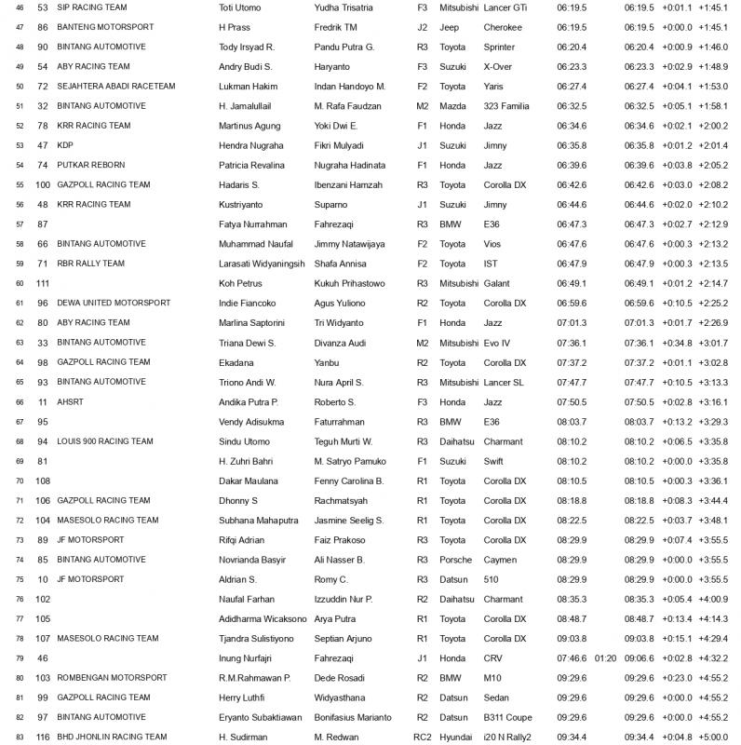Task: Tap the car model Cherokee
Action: (x=503, y=27)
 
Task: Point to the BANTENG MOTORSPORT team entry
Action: (x=105, y=27)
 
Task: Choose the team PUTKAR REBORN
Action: (x=90, y=165)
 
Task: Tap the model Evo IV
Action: (x=499, y=343)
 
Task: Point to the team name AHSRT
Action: (x=71, y=401)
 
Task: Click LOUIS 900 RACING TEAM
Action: (x=105, y=441)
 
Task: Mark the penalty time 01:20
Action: (x=605, y=657)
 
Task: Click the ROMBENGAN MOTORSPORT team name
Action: (x=112, y=677)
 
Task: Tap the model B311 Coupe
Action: (x=507, y=717)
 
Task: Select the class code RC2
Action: (x=423, y=737)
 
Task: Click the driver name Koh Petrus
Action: (x=241, y=283)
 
